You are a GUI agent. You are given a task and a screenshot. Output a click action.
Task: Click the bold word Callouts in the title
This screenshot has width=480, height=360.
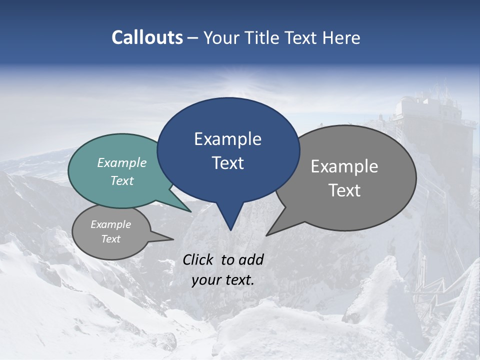(147, 37)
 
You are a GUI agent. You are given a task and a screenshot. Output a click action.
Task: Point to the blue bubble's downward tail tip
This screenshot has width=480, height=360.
(230, 229)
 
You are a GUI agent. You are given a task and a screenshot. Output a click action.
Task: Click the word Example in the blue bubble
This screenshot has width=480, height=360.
(227, 139)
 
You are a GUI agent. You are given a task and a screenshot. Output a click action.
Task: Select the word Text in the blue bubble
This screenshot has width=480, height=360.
(227, 163)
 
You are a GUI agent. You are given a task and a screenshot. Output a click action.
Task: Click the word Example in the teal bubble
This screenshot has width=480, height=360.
(122, 163)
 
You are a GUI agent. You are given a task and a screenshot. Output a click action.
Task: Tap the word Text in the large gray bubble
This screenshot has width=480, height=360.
(344, 190)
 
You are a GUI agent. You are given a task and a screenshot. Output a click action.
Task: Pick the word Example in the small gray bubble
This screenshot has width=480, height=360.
(110, 224)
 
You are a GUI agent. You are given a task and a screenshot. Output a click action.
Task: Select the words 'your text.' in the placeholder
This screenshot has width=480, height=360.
(222, 280)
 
